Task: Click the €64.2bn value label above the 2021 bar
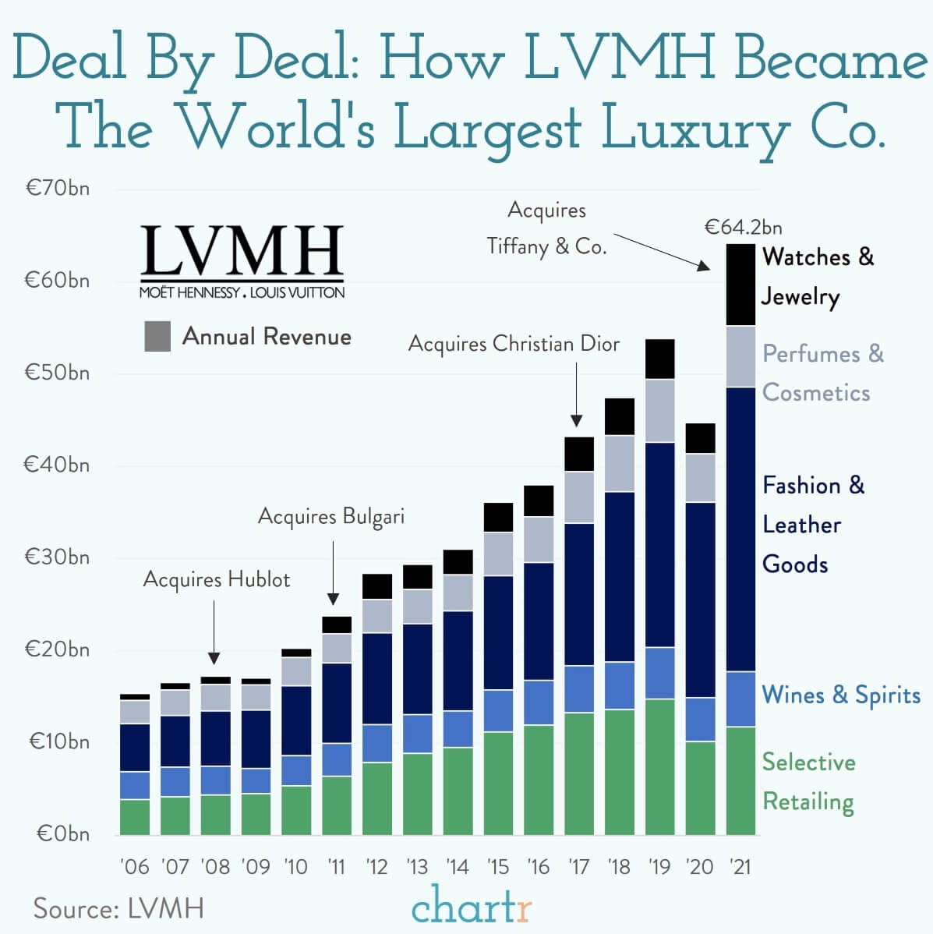pos(743,228)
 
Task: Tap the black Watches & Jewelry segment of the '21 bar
pos(740,285)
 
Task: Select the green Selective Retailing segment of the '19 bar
pos(659,766)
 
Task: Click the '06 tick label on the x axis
pos(135,867)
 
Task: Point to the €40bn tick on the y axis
pos(56,465)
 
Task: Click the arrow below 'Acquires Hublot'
pos(214,632)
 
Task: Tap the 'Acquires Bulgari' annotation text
pos(331,516)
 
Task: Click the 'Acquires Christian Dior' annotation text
pos(514,344)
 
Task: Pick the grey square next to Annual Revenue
pos(157,337)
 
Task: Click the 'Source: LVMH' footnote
pos(118,908)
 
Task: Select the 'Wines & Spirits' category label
pos(840,695)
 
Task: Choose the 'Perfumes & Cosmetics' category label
pos(822,373)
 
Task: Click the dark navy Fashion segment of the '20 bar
pos(700,600)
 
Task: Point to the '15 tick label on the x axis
pos(498,867)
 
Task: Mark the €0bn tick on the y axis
pos(62,833)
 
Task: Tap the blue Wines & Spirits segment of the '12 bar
pos(377,743)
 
